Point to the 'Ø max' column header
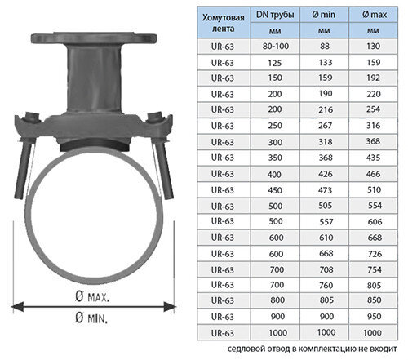click(x=375, y=16)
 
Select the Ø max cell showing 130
click(x=375, y=47)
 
